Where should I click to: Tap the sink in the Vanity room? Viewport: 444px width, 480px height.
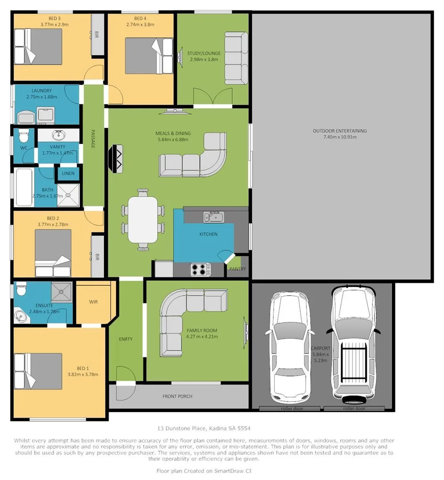(58, 135)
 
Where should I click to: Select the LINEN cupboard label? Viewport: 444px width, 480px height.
(68, 173)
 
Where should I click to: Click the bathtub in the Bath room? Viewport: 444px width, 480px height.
(23, 187)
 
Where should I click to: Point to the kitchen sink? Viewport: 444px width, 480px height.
(214, 217)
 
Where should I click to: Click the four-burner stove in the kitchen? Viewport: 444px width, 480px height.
(200, 269)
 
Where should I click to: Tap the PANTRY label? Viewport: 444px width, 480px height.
(237, 269)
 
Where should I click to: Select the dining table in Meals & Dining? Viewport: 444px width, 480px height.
(143, 220)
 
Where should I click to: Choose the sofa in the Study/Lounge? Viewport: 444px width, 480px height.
(236, 58)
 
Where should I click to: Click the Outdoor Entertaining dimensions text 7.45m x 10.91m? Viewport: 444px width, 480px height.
(339, 137)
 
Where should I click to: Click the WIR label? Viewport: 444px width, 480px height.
(93, 302)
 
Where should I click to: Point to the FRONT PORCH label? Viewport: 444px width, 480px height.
(177, 396)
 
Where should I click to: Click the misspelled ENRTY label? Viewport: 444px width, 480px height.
(125, 339)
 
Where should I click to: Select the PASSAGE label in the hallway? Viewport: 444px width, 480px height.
(93, 139)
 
